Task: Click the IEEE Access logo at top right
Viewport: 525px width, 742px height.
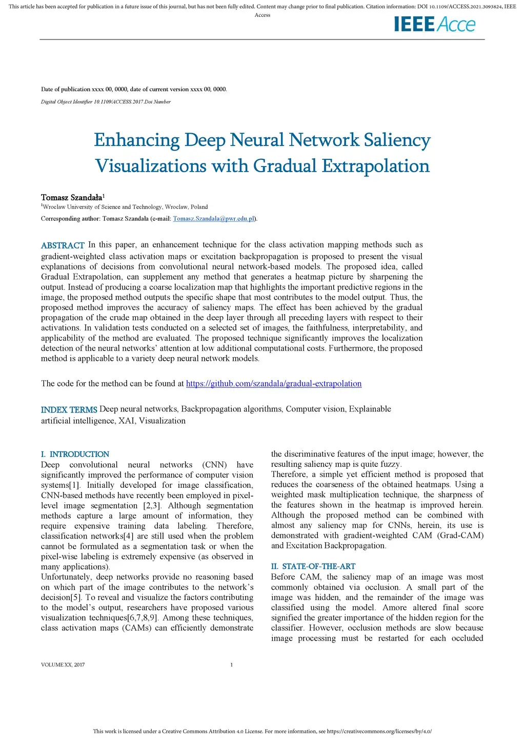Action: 435,24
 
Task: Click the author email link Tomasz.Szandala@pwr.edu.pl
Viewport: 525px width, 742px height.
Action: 214,219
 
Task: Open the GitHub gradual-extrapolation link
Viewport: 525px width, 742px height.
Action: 274,384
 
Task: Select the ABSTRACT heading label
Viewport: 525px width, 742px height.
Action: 63,245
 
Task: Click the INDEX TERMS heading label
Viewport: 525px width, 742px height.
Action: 69,410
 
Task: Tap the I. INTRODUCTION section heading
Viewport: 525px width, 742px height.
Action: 75,455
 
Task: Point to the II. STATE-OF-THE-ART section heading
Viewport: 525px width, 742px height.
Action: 313,566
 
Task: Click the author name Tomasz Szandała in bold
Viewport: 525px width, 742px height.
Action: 71,197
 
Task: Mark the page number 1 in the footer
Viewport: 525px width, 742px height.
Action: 232,665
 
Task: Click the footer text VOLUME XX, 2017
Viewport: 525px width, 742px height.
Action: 63,665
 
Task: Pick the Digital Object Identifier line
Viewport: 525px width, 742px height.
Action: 106,101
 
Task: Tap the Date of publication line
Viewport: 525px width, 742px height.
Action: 134,89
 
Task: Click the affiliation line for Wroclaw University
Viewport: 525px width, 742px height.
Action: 125,207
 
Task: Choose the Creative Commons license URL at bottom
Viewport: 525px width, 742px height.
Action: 379,731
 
